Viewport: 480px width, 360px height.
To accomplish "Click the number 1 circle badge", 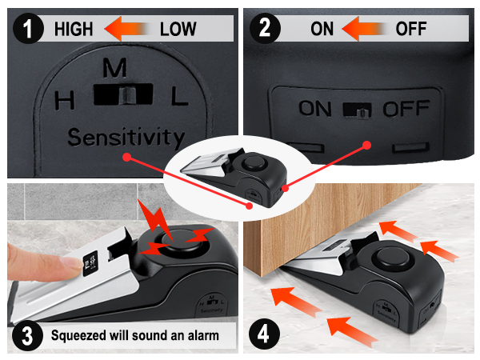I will coord(28,29).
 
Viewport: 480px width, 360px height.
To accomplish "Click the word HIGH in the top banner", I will coord(74,30).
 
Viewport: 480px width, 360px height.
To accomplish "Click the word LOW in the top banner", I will coord(178,30).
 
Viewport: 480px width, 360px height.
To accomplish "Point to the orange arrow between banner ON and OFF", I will coord(365,30).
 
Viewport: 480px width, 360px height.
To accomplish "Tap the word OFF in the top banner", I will coord(411,30).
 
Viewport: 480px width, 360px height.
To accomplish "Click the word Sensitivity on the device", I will coord(126,138).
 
